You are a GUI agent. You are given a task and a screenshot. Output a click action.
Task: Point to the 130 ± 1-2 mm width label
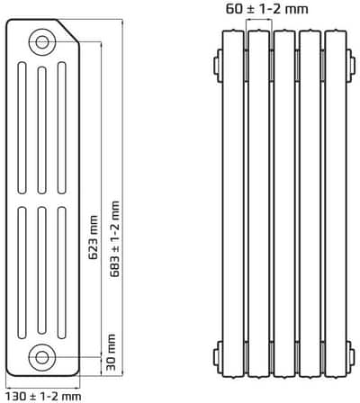43,395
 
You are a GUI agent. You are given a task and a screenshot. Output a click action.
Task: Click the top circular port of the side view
41,40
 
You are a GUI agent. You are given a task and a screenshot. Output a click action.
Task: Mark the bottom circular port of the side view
41,356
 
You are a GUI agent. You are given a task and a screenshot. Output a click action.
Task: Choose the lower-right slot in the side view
60,270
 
